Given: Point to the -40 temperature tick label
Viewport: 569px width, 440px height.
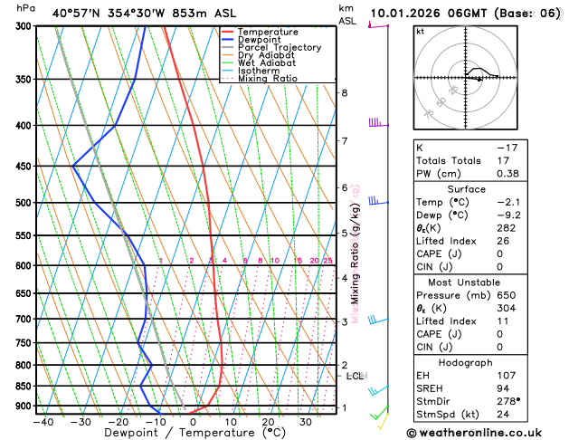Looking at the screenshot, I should coord(43,421).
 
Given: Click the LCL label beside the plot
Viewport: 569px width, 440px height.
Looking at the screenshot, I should coord(356,376).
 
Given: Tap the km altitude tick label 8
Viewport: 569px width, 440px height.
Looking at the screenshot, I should coord(345,92).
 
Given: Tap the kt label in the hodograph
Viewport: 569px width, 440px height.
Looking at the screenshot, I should coord(420,31).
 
